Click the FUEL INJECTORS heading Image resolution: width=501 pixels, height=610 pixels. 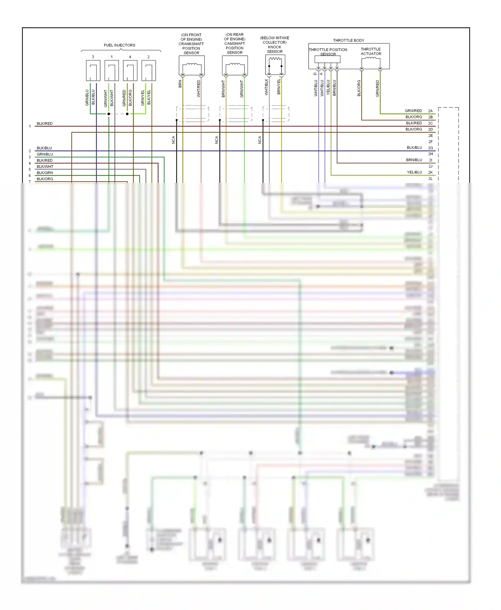[119, 45]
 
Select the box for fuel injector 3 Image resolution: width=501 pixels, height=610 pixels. [93, 70]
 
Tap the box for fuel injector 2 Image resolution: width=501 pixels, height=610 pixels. [149, 70]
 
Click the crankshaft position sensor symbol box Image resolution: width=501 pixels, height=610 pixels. [191, 65]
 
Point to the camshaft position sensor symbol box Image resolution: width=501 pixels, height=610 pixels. [235, 65]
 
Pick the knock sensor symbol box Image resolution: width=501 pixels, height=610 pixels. [275, 65]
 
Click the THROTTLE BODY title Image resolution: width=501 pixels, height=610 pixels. [348, 40]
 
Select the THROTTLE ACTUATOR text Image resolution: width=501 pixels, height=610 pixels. [371, 51]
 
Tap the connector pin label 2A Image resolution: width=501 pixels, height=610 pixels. [430, 111]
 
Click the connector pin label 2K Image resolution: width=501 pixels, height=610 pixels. [430, 173]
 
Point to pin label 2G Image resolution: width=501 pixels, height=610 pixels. [430, 148]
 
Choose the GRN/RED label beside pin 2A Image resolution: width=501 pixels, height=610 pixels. [413, 111]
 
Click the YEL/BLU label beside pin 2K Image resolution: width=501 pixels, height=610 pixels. [414, 173]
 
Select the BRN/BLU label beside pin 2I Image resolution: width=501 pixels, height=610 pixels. [414, 160]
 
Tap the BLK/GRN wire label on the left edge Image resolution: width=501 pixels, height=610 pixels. [45, 173]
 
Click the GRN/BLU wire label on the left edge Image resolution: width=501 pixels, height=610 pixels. [45, 154]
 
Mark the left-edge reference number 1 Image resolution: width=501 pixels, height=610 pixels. [30, 126]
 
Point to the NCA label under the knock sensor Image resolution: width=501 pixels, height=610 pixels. [260, 140]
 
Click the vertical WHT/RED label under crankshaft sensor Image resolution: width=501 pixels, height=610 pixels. [198, 88]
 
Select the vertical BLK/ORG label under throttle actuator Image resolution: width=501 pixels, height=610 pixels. [359, 88]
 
